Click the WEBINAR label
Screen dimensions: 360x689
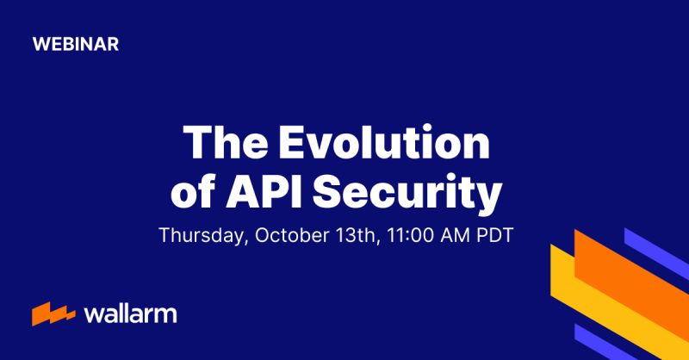pyautogui.click(x=76, y=44)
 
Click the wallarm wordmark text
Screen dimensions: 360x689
pyautogui.click(x=130, y=313)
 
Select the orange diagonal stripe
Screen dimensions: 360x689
pyautogui.click(x=633, y=276)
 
